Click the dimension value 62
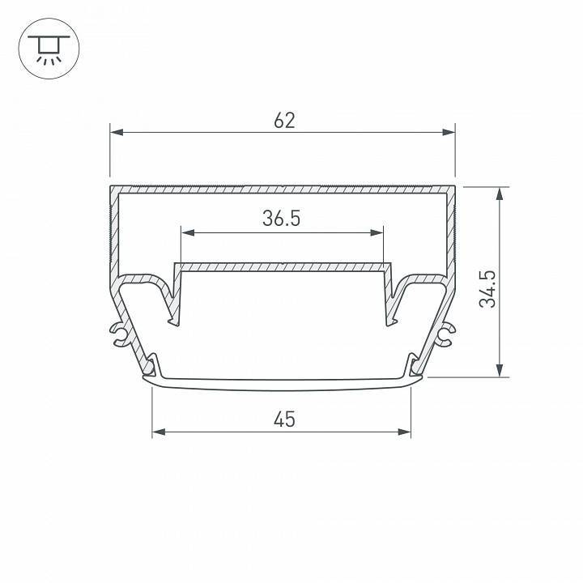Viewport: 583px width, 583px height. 284,121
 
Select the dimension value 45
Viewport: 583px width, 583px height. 283,419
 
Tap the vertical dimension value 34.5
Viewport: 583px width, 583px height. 487,288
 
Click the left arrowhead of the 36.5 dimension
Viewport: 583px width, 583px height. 186,233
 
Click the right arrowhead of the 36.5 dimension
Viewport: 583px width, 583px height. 377,233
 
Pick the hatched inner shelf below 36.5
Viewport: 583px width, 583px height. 282,266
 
